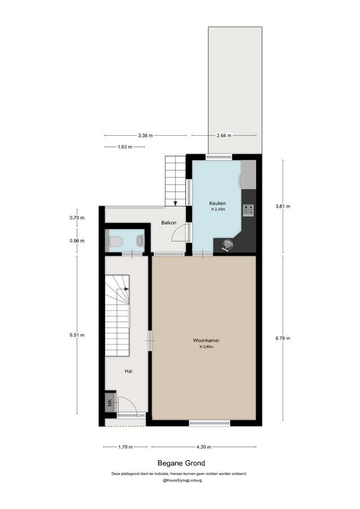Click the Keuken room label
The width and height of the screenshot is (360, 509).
tap(217, 203)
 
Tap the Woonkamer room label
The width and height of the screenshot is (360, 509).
tap(206, 340)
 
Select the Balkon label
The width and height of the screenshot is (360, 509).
tap(169, 223)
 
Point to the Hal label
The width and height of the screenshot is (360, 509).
tap(128, 371)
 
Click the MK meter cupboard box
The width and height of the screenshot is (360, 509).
tap(110, 403)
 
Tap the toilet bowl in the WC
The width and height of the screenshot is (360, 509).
tap(116, 241)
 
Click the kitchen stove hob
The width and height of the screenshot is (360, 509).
tap(249, 210)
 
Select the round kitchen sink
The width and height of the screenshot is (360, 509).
tap(227, 244)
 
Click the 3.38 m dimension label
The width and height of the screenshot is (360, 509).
tap(145, 135)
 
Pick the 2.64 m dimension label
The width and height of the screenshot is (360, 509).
tap(224, 135)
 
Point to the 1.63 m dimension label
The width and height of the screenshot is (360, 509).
tap(125, 147)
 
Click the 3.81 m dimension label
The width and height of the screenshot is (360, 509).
tap(283, 206)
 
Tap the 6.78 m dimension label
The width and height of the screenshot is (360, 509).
tap(283, 338)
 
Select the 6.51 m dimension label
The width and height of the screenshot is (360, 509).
tap(77, 335)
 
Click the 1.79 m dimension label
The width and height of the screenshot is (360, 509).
tap(125, 447)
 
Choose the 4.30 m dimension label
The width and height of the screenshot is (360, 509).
tap(204, 447)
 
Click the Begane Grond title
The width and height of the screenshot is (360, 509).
tap(181, 463)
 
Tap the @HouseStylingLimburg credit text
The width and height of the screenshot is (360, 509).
tap(182, 480)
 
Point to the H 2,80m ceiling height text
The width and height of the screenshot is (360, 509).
tap(206, 347)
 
